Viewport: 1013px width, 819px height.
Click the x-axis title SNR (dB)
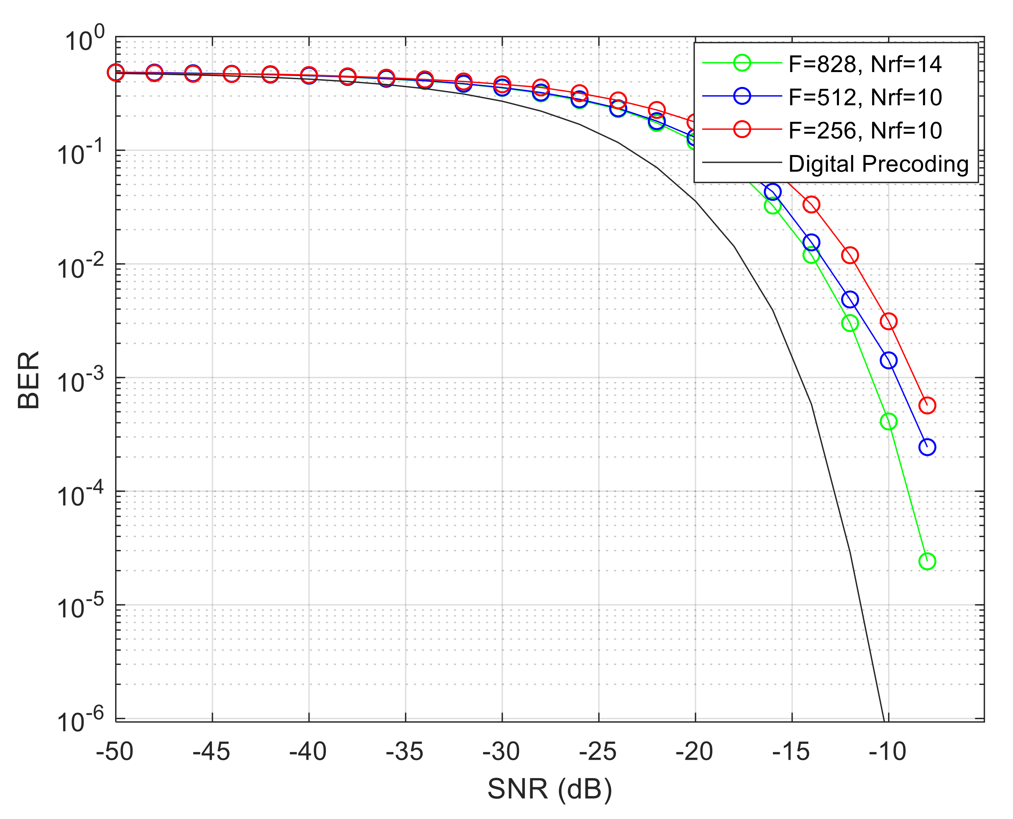coord(549,788)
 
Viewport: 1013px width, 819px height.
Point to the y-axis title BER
coord(28,380)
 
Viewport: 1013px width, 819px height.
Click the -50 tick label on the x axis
coord(115,752)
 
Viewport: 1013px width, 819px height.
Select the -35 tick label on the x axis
coord(405,752)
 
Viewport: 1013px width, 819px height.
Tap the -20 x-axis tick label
coord(694,752)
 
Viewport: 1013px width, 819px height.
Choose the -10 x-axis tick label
coord(887,752)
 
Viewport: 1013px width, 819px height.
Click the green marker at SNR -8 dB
coord(927,561)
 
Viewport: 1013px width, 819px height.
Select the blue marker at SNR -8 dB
coord(927,447)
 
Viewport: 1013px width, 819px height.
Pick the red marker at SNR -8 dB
coord(927,405)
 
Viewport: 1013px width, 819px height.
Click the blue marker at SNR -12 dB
coord(850,299)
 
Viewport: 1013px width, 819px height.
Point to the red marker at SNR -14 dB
coord(811,205)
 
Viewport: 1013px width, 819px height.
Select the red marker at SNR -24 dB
coord(618,101)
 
